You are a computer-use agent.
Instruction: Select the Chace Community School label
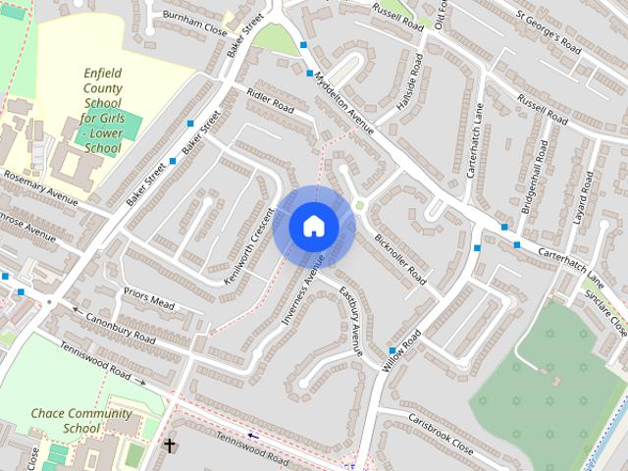tap(81, 421)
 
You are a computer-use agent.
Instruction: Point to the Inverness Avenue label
tap(303, 289)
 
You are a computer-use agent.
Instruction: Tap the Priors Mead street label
tap(148, 298)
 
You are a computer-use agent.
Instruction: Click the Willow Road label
tap(402, 347)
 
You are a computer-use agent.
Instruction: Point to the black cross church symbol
tap(169, 446)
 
